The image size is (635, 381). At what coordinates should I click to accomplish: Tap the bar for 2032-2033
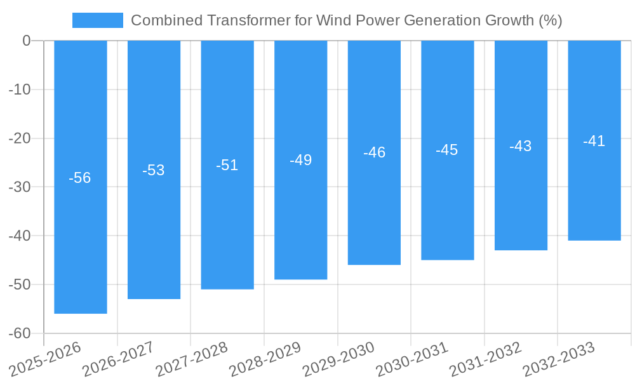click(x=594, y=190)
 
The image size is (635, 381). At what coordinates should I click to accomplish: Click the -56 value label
click(x=80, y=178)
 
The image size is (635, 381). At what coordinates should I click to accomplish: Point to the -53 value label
click(x=154, y=170)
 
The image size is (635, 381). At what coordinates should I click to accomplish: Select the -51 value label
click(x=227, y=165)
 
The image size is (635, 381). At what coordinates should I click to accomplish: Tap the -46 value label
click(x=374, y=152)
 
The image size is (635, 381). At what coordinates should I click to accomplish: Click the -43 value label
click(x=521, y=146)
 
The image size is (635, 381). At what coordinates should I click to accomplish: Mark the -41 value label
click(x=594, y=141)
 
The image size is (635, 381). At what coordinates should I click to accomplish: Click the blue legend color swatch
click(x=98, y=20)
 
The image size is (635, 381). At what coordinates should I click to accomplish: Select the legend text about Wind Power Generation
click(x=346, y=20)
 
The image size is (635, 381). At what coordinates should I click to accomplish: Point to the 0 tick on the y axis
click(x=27, y=41)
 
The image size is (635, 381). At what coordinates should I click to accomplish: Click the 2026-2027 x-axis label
click(x=117, y=359)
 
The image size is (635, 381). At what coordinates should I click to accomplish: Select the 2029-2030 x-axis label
click(x=338, y=359)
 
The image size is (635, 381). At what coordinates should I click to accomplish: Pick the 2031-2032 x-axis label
click(x=485, y=359)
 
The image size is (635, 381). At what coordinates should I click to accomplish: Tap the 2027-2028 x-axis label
click(x=191, y=359)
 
